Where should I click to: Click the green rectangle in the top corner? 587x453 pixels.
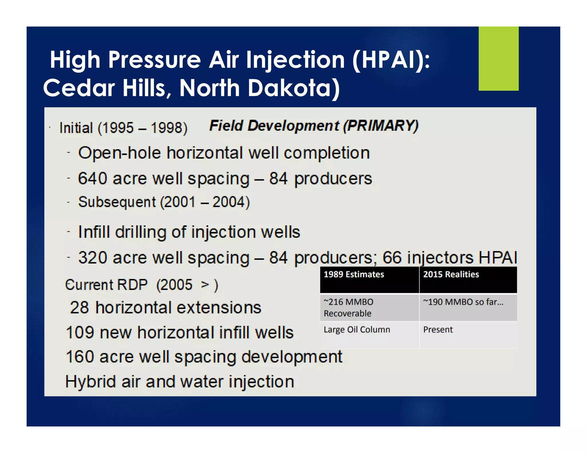pyautogui.click(x=498, y=59)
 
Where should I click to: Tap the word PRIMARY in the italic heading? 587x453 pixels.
pyautogui.click(x=380, y=126)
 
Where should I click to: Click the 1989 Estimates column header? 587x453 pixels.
pyautogui.click(x=354, y=274)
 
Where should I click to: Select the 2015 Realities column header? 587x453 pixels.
pyautogui.click(x=451, y=274)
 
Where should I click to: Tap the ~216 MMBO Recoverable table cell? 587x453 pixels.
pyautogui.click(x=349, y=308)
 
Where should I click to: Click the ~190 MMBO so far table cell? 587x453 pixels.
pyautogui.click(x=463, y=302)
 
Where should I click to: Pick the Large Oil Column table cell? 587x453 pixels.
pyautogui.click(x=357, y=330)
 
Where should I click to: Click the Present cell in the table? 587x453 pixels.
pyautogui.click(x=438, y=330)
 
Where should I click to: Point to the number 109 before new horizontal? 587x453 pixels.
pyautogui.click(x=80, y=332)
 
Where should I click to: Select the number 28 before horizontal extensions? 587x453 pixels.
pyautogui.click(x=79, y=308)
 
